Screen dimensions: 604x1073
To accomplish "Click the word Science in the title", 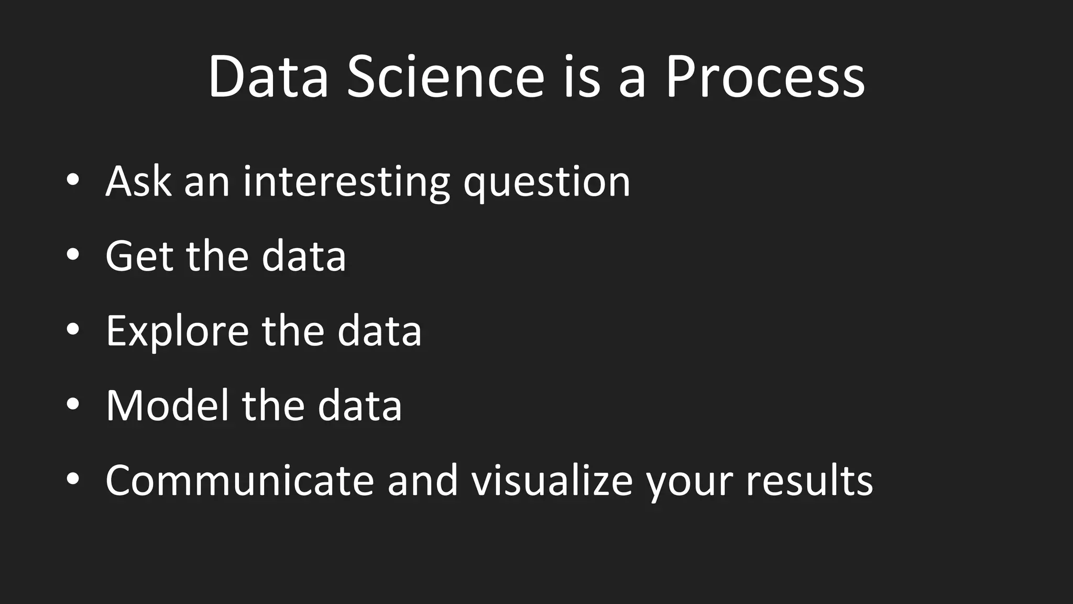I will click(x=446, y=78).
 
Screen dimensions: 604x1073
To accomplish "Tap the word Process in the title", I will click(x=764, y=78).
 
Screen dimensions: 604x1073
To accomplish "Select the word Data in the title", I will click(x=268, y=78).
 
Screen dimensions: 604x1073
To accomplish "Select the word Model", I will click(x=168, y=406).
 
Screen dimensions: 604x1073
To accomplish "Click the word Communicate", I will click(x=239, y=481).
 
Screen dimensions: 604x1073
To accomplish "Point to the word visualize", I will click(x=552, y=481).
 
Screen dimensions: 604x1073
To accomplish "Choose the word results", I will click(x=809, y=481).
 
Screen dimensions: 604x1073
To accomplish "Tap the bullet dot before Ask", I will click(x=73, y=180).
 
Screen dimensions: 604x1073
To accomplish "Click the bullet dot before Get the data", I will click(x=73, y=255).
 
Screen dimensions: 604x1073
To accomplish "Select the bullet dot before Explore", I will click(x=73, y=329).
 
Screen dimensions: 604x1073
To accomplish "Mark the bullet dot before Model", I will click(x=73, y=404).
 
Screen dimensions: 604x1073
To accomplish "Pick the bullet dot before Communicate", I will click(x=73, y=479).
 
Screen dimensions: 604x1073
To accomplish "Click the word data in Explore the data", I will click(x=379, y=331).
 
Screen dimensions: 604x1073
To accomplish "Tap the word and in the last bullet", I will click(x=422, y=481).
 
